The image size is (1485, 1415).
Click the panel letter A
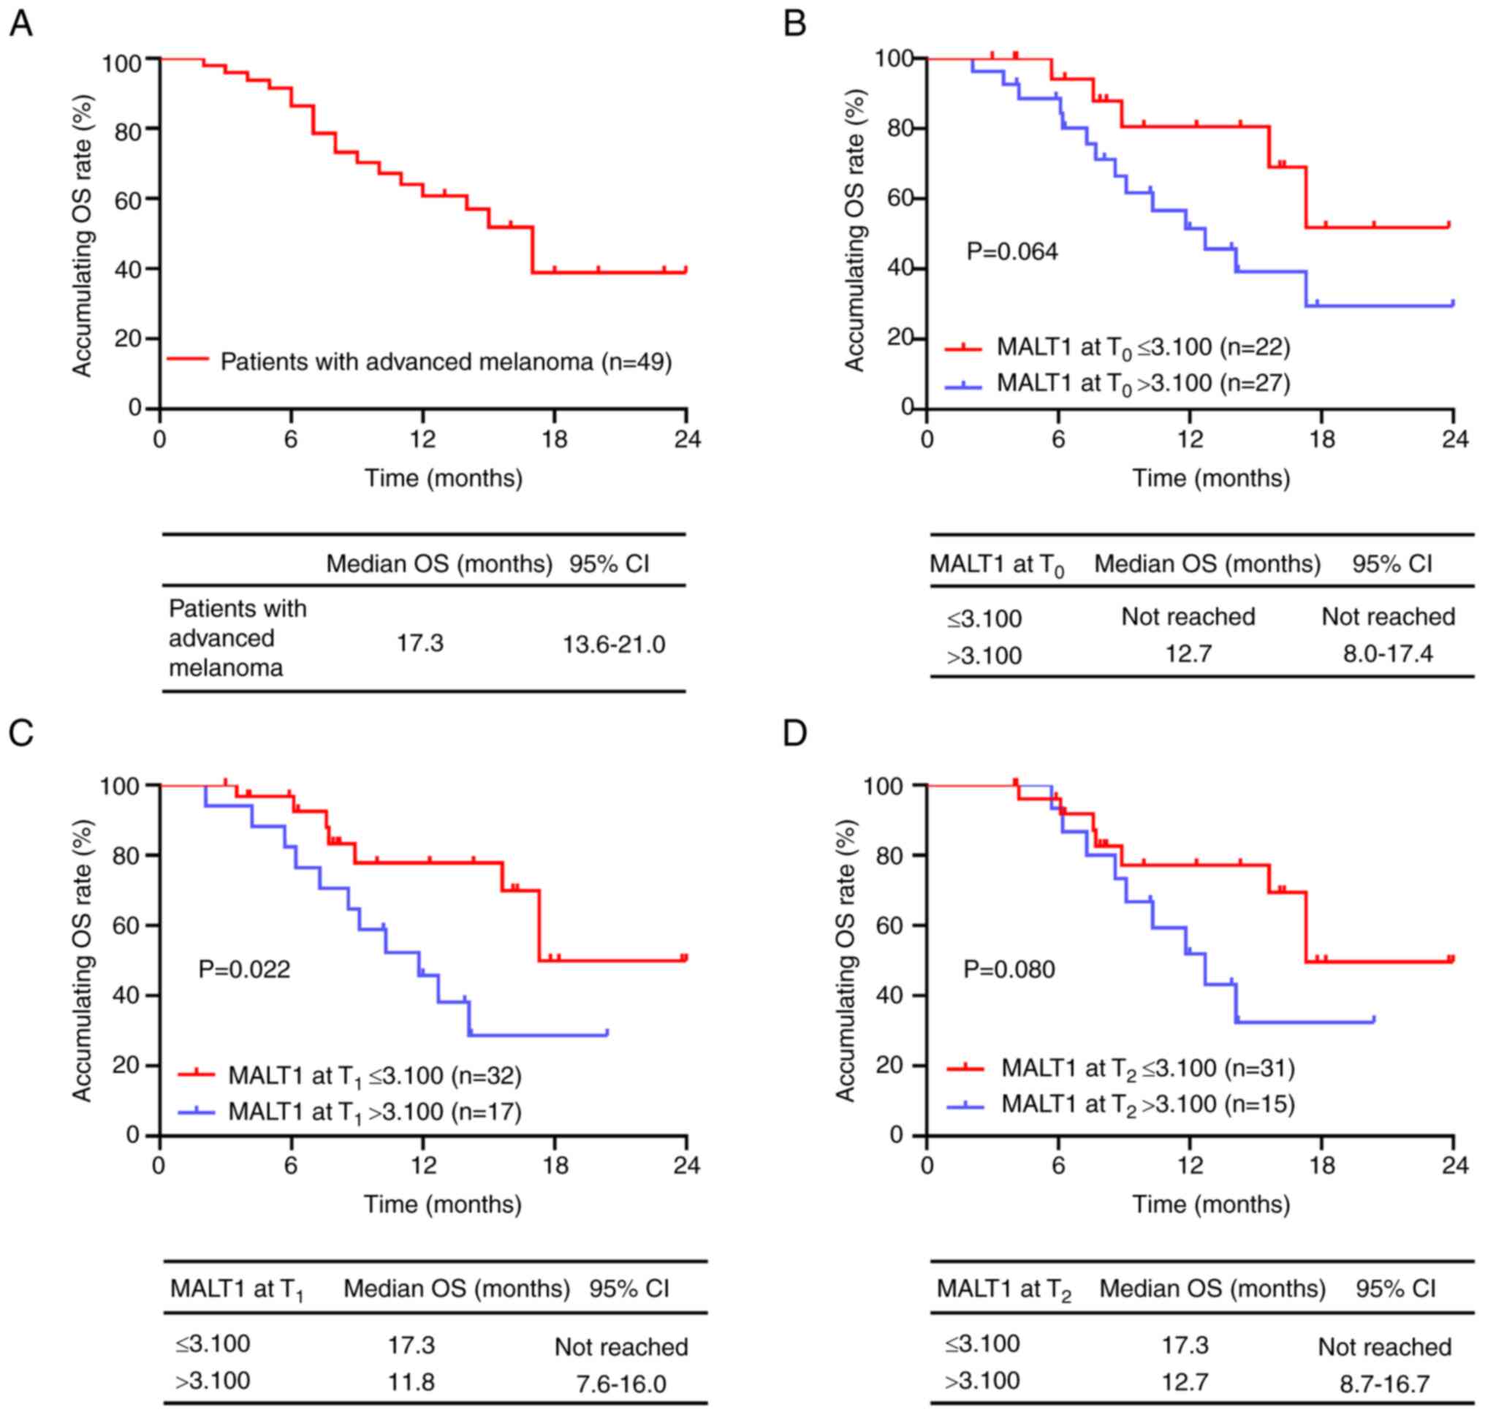20,24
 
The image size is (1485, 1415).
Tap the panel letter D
795,733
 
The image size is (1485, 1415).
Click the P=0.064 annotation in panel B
1012,251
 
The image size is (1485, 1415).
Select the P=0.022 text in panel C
243,968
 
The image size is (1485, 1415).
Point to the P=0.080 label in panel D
1009,968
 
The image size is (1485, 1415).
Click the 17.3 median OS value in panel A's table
420,643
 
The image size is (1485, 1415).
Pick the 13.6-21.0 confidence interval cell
614,645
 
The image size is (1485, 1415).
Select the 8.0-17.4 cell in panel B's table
1388,653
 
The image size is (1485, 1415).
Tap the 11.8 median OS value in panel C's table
411,1381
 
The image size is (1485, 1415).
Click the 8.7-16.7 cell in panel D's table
1385,1384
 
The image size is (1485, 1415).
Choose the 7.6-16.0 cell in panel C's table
621,1384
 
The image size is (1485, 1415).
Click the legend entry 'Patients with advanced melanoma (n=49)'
445,362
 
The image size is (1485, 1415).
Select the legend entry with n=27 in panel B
1142,384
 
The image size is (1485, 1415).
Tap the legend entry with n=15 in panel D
1147,1105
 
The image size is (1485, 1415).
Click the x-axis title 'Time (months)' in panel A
444,478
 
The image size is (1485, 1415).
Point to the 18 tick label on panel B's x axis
1321,439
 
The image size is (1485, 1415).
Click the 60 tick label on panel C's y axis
126,925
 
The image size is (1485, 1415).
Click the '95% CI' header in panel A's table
609,564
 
